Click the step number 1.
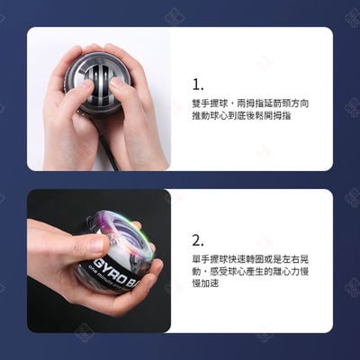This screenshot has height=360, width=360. [198, 85]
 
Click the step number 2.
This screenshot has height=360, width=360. [199, 239]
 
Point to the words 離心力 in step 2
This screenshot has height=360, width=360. [283, 271]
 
